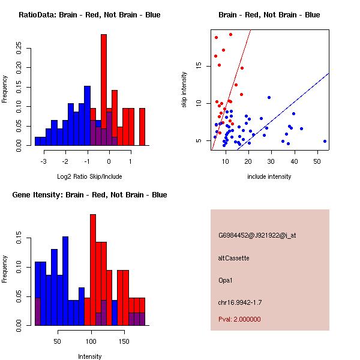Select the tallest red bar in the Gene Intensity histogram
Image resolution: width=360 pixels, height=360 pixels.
[x=93, y=270]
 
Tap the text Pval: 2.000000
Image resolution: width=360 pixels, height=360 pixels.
[x=239, y=319]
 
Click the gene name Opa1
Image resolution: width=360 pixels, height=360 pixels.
[x=225, y=280]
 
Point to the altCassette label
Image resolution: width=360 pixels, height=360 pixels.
[x=234, y=258]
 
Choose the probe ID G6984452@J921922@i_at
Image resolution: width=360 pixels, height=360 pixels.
[x=257, y=236]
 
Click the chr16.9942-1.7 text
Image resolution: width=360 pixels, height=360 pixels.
[x=240, y=302]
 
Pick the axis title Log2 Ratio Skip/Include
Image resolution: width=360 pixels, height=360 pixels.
[x=89, y=176]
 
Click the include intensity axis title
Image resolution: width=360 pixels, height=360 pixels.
[x=269, y=176]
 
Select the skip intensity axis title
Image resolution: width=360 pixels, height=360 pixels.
[x=184, y=90]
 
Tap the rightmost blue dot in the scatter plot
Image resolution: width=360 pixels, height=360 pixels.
[x=325, y=142]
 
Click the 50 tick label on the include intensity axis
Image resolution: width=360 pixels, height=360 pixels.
[x=317, y=161]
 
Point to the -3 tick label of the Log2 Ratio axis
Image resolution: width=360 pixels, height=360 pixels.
[x=43, y=161]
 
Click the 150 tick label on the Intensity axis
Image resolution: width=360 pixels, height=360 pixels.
[x=124, y=341]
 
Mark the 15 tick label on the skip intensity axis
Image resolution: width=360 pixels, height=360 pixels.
[x=199, y=66]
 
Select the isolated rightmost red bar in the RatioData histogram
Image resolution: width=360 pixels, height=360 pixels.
[x=142, y=127]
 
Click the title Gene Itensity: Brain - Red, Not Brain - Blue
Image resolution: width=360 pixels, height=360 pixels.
[x=89, y=195]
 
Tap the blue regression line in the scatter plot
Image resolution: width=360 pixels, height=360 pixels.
[x=283, y=112]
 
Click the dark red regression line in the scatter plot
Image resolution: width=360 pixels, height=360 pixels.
[x=231, y=90]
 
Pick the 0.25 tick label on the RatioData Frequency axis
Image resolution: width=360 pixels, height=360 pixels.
[x=19, y=48]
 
